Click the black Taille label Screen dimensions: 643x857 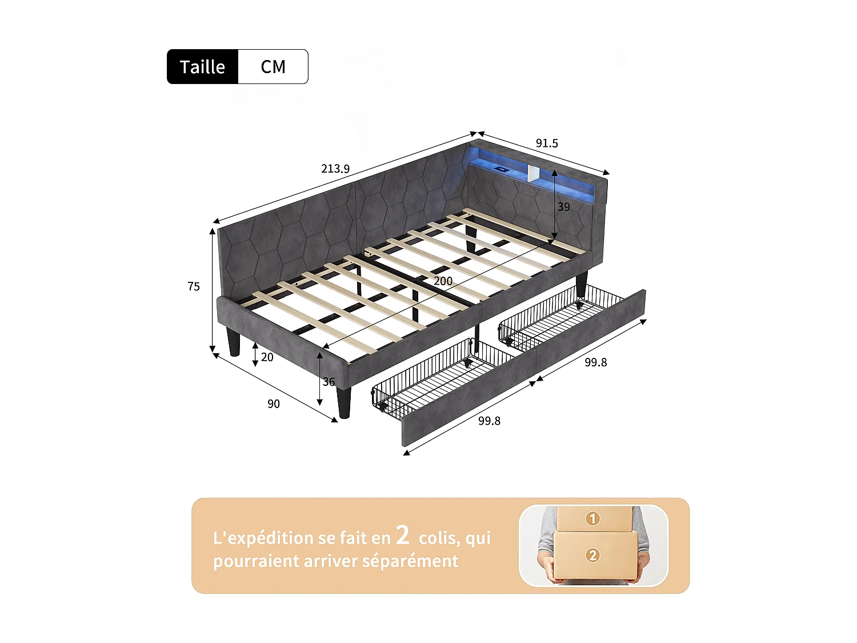tap(202, 67)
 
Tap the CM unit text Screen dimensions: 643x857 tap(273, 67)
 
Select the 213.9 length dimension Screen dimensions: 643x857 tap(335, 169)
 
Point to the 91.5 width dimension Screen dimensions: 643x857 tap(547, 143)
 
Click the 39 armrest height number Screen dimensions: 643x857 tap(564, 207)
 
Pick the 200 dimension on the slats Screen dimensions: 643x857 tap(443, 281)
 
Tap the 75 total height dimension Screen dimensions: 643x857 tap(194, 286)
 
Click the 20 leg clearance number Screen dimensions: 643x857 tap(267, 357)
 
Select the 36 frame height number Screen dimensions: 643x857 tap(329, 382)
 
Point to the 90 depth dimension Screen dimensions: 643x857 tap(274, 404)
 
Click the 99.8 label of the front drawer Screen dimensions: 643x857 tap(489, 421)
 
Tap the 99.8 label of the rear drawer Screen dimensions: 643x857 tap(595, 362)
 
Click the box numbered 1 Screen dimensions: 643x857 tap(593, 518)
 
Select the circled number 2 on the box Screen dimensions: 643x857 tap(592, 555)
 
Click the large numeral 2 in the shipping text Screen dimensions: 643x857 tap(403, 535)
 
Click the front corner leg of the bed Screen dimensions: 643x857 tap(344, 403)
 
